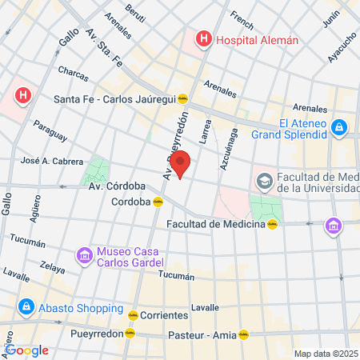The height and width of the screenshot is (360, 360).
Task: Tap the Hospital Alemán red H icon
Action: pos(204,38)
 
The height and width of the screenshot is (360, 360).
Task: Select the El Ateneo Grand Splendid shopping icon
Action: pos(339,126)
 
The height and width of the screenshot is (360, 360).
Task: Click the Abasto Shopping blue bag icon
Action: pos(26,306)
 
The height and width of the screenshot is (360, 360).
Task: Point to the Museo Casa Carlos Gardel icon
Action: pos(83,256)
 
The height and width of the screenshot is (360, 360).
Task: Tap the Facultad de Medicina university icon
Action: pos(264,182)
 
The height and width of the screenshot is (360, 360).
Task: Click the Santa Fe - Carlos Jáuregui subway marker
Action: pos(183,99)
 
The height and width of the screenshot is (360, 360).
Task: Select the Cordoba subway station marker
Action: pos(158,202)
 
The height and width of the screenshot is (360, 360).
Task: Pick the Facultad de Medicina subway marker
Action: pos(272,225)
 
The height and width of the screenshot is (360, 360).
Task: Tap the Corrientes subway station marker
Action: pos(133,315)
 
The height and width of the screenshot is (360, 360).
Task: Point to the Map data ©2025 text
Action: pos(325,353)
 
